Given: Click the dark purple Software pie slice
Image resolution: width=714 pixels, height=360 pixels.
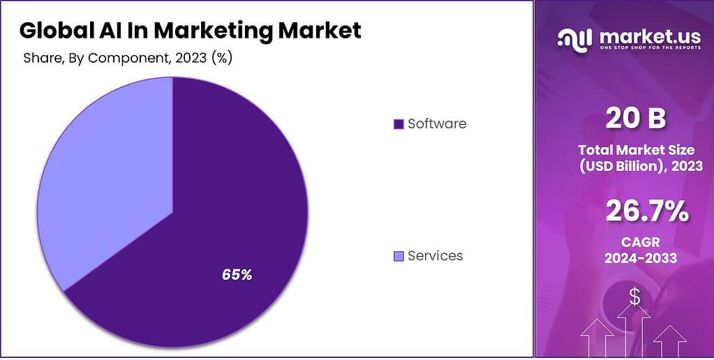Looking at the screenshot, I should point(230,209).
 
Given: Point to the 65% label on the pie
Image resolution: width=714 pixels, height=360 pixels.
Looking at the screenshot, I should point(237,275).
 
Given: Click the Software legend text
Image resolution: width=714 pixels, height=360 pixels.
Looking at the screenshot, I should point(437,124).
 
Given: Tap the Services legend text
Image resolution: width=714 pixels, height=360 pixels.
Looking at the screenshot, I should point(435,256).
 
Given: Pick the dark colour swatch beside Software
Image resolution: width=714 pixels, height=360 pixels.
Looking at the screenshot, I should point(399,124).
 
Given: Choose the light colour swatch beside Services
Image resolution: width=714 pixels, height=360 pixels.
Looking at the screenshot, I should point(399,256).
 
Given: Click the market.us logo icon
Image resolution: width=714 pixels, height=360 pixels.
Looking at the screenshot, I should point(574,40).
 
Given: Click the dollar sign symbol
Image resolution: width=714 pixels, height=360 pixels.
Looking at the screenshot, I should point(634,297).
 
